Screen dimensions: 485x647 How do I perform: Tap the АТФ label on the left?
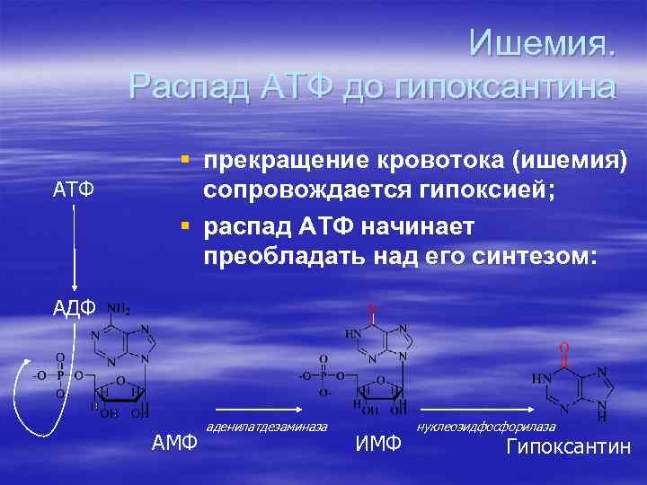click(x=72, y=190)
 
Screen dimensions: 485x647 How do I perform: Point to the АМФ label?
click(x=174, y=442)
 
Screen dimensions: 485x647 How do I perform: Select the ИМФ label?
click(x=378, y=442)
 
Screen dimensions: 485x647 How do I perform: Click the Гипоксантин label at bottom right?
click(x=569, y=447)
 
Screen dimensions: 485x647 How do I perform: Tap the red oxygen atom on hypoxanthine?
click(x=563, y=346)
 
